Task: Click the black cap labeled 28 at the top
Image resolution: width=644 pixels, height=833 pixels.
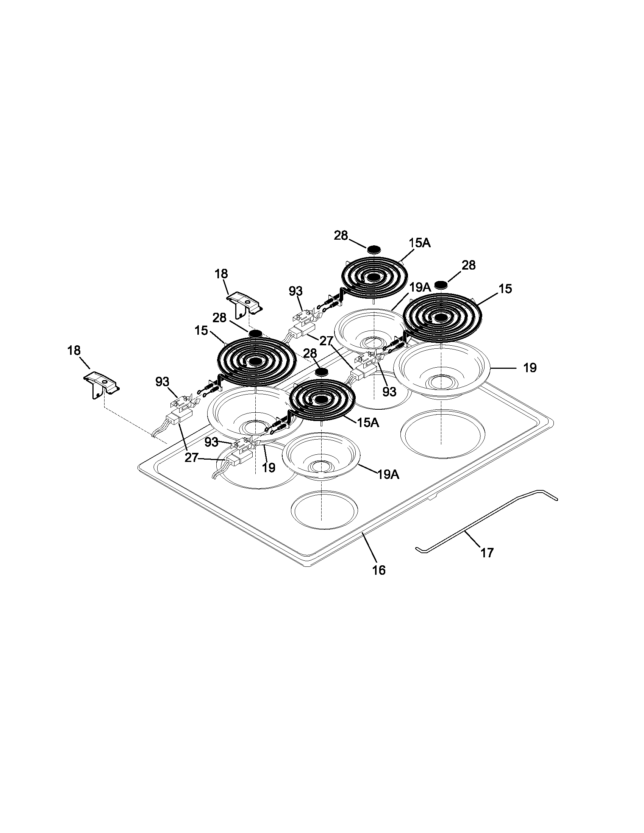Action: (x=374, y=249)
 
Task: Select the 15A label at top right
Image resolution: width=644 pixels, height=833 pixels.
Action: (x=419, y=243)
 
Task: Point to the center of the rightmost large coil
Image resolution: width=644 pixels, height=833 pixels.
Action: (x=442, y=317)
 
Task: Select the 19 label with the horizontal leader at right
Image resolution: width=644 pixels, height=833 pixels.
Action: (x=530, y=368)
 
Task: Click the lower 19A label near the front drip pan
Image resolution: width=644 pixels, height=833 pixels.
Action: (x=388, y=474)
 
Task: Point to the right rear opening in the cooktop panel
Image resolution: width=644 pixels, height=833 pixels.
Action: (x=442, y=432)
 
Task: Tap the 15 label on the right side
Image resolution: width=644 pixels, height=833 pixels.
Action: (x=505, y=289)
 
